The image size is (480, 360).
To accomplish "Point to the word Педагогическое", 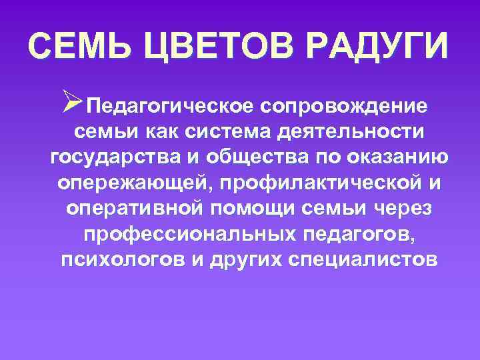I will tap(170, 106).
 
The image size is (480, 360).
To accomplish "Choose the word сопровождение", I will tap(345, 106).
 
